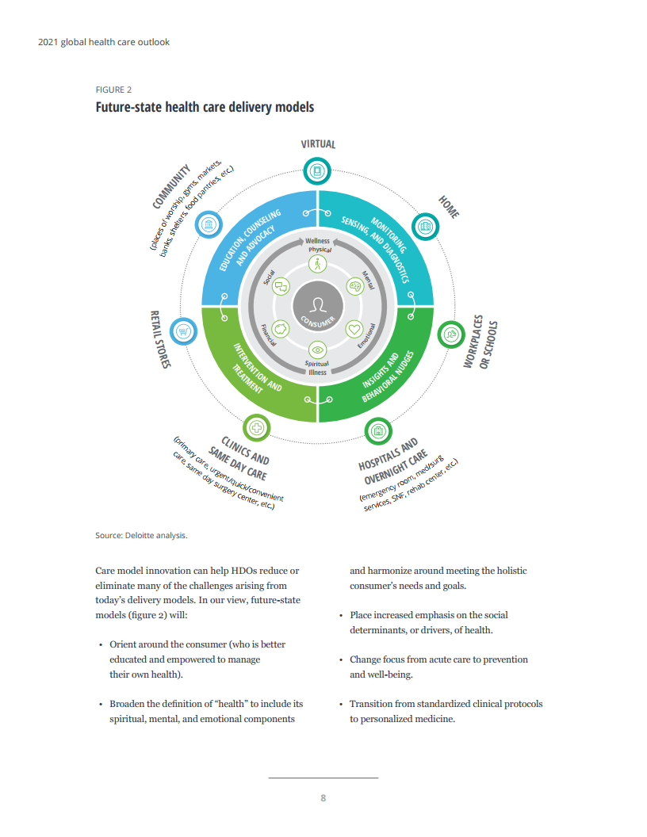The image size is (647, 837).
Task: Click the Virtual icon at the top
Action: (x=317, y=171)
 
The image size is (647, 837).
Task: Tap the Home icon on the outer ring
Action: (x=426, y=227)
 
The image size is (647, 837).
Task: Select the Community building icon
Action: (x=209, y=225)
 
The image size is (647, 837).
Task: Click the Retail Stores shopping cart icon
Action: (x=183, y=331)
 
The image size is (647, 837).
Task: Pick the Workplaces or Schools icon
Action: (x=451, y=334)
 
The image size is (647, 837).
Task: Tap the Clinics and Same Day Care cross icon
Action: (x=257, y=427)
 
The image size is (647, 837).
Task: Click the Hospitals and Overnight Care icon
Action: (x=378, y=430)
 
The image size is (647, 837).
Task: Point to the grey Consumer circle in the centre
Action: (x=318, y=307)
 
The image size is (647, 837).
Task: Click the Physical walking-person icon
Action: (x=318, y=264)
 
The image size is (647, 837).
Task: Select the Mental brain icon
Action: (x=355, y=286)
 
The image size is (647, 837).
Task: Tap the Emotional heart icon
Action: (x=354, y=329)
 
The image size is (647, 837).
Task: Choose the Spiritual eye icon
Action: (x=318, y=350)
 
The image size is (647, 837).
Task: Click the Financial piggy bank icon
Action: (x=281, y=328)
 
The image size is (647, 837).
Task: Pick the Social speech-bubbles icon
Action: (x=281, y=287)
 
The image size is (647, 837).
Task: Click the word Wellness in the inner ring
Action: (x=318, y=241)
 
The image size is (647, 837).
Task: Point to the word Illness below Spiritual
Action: (x=318, y=373)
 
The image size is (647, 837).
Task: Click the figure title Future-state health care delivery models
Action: (x=205, y=107)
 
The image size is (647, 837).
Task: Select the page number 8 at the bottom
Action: (x=323, y=798)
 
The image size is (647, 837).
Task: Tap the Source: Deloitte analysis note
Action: (x=141, y=535)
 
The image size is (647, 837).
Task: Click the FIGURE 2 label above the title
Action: (x=113, y=90)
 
